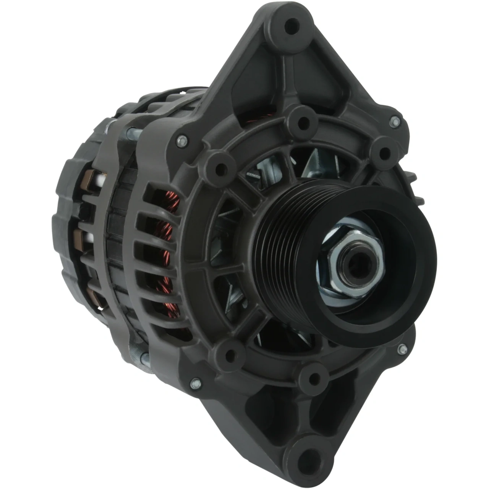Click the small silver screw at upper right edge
pyautogui.click(x=395, y=122)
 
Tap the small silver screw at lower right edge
pyautogui.click(x=402, y=349)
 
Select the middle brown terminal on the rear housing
pyautogui.click(x=82, y=239)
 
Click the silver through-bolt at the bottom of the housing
pyautogui.click(x=146, y=358)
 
